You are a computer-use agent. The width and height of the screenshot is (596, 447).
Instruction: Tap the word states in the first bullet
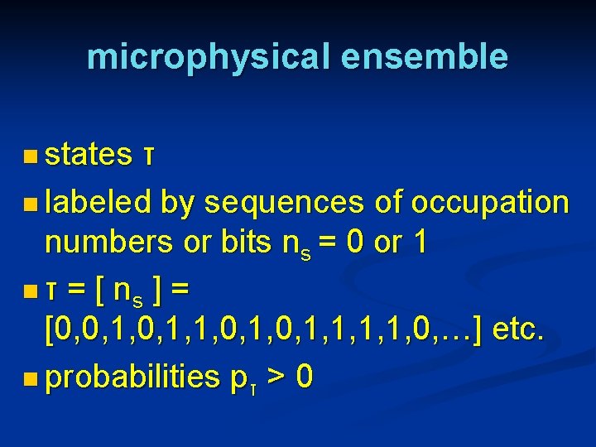(x=89, y=154)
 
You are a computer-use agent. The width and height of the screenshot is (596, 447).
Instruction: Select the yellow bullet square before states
(x=31, y=155)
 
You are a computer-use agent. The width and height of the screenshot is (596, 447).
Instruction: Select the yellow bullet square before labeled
(x=31, y=202)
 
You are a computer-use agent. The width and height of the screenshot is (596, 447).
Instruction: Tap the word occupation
(x=490, y=203)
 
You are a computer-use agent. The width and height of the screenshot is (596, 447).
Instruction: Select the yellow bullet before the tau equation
(x=31, y=291)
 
